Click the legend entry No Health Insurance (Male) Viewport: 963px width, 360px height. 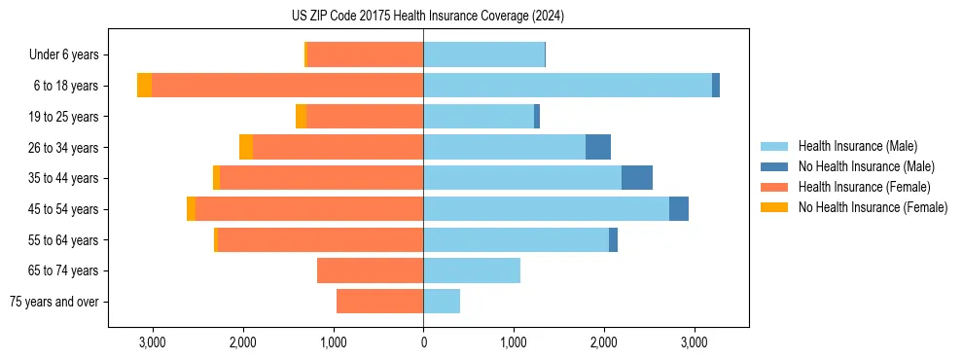tap(866, 166)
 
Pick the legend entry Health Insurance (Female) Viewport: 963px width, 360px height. tap(864, 187)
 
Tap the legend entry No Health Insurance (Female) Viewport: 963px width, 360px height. tap(873, 207)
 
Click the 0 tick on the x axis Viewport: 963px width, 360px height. tap(423, 342)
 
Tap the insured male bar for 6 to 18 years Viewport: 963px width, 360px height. tap(567, 86)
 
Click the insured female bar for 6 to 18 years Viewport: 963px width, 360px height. tap(287, 86)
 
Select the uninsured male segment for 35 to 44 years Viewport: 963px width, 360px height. tap(637, 178)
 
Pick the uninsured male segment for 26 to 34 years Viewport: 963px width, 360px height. tap(598, 147)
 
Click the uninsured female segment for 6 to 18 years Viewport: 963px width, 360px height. tap(144, 86)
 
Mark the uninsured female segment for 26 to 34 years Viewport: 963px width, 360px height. tap(246, 147)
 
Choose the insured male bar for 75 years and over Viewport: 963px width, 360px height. tap(442, 302)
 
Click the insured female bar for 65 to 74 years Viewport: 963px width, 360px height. tap(370, 270)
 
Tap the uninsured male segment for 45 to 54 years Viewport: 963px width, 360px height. tap(679, 209)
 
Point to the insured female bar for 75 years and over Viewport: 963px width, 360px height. tap(379, 302)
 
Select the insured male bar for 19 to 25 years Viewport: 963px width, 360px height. tap(479, 117)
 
